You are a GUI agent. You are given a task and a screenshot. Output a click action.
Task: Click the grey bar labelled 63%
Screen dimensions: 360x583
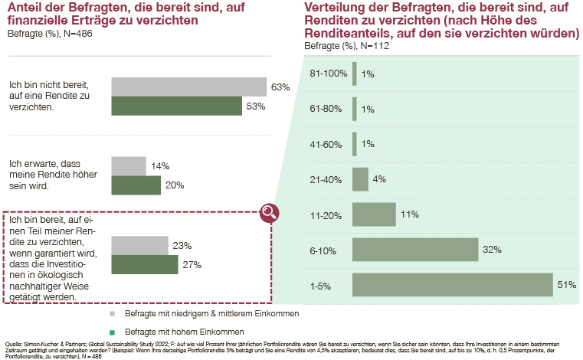tap(188, 87)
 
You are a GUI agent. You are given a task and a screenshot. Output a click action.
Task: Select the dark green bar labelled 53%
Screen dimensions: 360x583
tap(177, 106)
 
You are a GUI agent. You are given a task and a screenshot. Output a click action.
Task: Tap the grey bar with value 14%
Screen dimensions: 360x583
tap(129, 165)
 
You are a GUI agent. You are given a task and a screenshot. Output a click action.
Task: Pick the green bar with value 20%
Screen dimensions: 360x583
tap(136, 185)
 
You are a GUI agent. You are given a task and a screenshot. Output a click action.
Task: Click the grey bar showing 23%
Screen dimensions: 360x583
tap(139, 245)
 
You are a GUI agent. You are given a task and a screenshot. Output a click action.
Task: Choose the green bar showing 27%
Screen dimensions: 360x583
tap(145, 264)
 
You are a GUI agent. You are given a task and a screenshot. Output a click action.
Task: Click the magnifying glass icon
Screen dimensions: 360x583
tap(269, 213)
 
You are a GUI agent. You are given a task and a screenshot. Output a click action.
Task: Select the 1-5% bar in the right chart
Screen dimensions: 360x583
tap(452, 285)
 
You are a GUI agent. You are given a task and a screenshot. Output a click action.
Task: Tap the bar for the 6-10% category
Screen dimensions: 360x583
tap(414, 250)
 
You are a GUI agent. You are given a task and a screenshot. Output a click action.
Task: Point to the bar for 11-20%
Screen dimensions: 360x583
tap(374, 214)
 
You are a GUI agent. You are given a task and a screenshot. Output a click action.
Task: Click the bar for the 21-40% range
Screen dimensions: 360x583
tap(360, 179)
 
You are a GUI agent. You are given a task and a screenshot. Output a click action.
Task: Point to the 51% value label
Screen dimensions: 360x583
tap(566, 285)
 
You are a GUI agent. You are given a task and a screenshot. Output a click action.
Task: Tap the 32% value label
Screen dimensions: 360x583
tap(491, 250)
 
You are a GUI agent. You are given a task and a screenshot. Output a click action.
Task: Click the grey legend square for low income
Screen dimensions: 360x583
tap(112, 314)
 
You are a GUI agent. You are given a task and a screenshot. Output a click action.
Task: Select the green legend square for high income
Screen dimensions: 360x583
tap(112, 332)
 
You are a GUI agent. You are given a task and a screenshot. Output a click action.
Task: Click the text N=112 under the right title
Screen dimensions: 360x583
tap(359, 47)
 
